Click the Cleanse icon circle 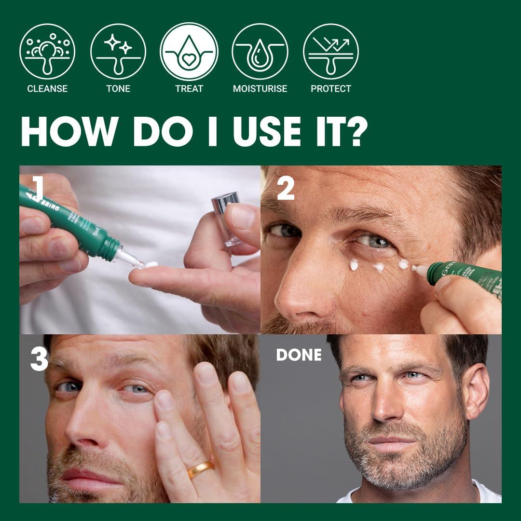tap(47, 52)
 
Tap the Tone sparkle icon tap(118, 52)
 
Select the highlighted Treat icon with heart tap(189, 52)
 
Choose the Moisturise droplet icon tap(260, 52)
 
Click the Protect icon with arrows tap(331, 52)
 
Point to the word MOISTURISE tap(260, 89)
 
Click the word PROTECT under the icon tap(331, 89)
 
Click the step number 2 tap(286, 189)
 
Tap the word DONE tap(299, 355)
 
